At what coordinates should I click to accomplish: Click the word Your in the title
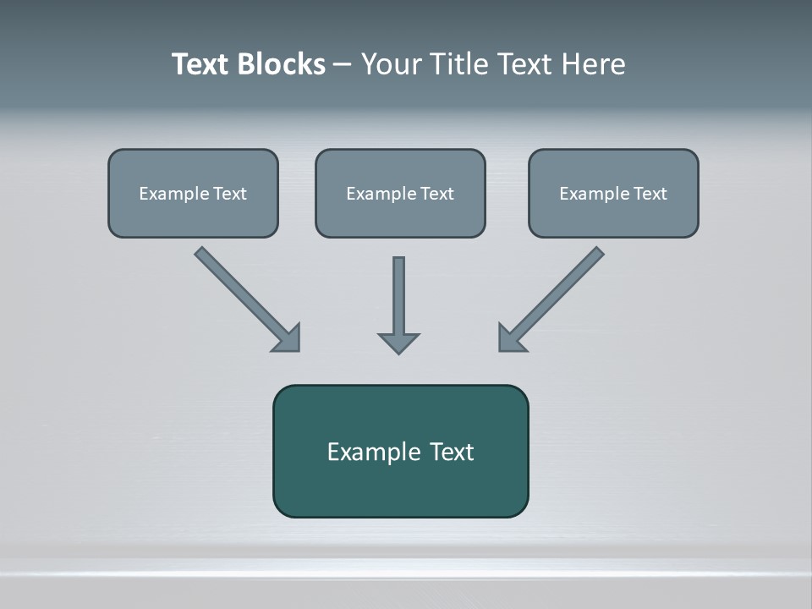(x=390, y=64)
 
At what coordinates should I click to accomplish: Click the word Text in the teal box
(x=452, y=452)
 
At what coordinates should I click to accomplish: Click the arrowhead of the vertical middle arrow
(x=398, y=343)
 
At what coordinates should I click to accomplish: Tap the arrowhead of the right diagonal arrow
(x=510, y=339)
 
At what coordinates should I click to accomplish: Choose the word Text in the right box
(x=650, y=194)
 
